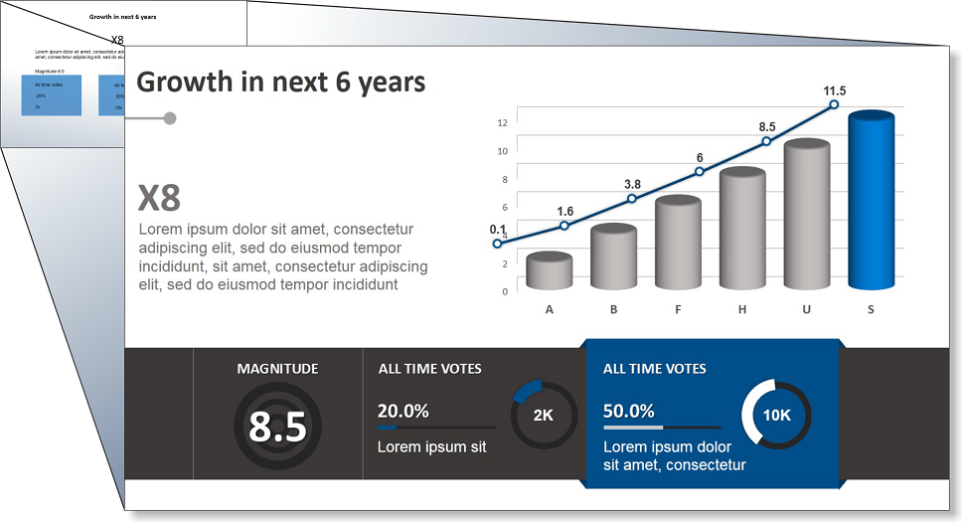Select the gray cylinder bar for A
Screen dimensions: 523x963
tap(550, 270)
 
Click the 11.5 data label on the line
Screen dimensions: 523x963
tap(835, 91)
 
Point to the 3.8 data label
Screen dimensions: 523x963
tap(632, 184)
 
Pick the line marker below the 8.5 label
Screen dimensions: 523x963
tap(766, 142)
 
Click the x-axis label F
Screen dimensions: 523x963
tap(678, 309)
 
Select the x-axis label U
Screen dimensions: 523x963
tap(807, 309)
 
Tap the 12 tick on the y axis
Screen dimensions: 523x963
tap(502, 123)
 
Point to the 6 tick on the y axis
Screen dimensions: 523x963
tap(504, 207)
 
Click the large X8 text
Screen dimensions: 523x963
tap(159, 199)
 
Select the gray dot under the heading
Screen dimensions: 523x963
tap(170, 118)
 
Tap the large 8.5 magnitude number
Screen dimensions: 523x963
tap(277, 427)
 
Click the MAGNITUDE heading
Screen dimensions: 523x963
tap(277, 369)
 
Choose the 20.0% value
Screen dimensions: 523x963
tap(402, 411)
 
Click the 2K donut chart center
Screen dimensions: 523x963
tap(544, 416)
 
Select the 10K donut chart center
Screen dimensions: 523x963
tap(776, 415)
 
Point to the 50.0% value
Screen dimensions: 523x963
tap(628, 411)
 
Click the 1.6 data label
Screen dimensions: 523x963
tap(565, 211)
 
